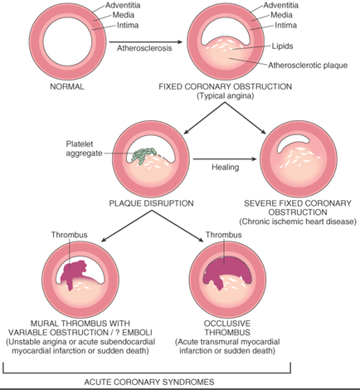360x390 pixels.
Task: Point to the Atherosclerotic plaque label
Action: click(310, 64)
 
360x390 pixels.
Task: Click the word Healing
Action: click(226, 168)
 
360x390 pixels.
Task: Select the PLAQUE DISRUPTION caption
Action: click(151, 202)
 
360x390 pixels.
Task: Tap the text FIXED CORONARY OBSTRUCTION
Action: click(236, 86)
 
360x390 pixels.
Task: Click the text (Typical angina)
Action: click(236, 96)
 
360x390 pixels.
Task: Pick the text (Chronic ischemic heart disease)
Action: click(298, 222)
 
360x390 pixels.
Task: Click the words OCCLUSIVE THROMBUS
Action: click(235, 327)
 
